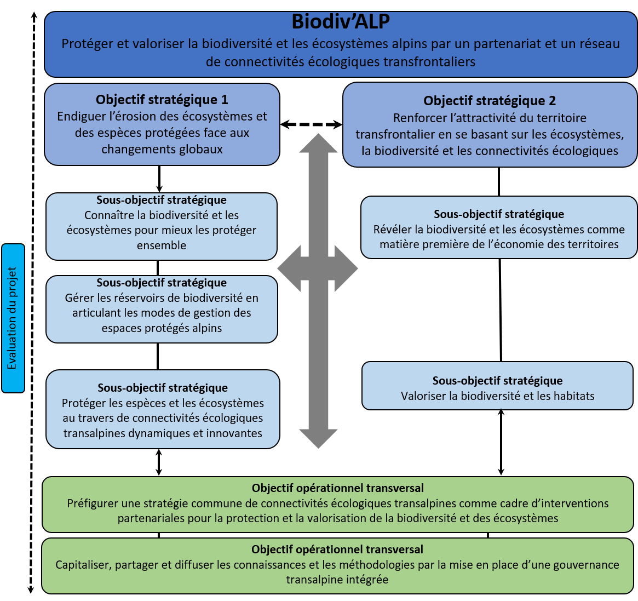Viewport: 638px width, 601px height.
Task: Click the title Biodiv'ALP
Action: click(341, 21)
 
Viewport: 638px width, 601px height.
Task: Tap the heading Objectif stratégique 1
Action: click(162, 99)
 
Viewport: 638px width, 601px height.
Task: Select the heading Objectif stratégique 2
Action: click(490, 101)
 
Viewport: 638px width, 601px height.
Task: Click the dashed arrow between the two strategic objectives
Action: click(311, 124)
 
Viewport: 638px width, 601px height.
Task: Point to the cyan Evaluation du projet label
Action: click(13, 318)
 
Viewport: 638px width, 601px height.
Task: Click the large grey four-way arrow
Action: click(318, 291)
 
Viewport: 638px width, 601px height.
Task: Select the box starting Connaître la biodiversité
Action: click(162, 226)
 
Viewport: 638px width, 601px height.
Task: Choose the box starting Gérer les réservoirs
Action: click(162, 310)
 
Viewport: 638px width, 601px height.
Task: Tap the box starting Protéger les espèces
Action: click(163, 409)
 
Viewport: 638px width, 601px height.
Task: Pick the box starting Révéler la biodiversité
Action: click(499, 227)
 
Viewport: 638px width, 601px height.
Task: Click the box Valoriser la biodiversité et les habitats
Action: click(497, 386)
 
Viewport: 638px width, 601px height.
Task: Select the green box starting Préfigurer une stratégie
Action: click(338, 505)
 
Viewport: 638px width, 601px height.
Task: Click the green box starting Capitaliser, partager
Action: click(338, 565)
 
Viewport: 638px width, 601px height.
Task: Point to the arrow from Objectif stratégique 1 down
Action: click(159, 179)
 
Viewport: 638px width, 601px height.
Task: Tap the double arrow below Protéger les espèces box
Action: click(159, 462)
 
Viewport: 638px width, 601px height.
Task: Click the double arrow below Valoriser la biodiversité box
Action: click(501, 442)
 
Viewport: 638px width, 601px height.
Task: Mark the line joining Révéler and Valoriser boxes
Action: click(501, 310)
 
